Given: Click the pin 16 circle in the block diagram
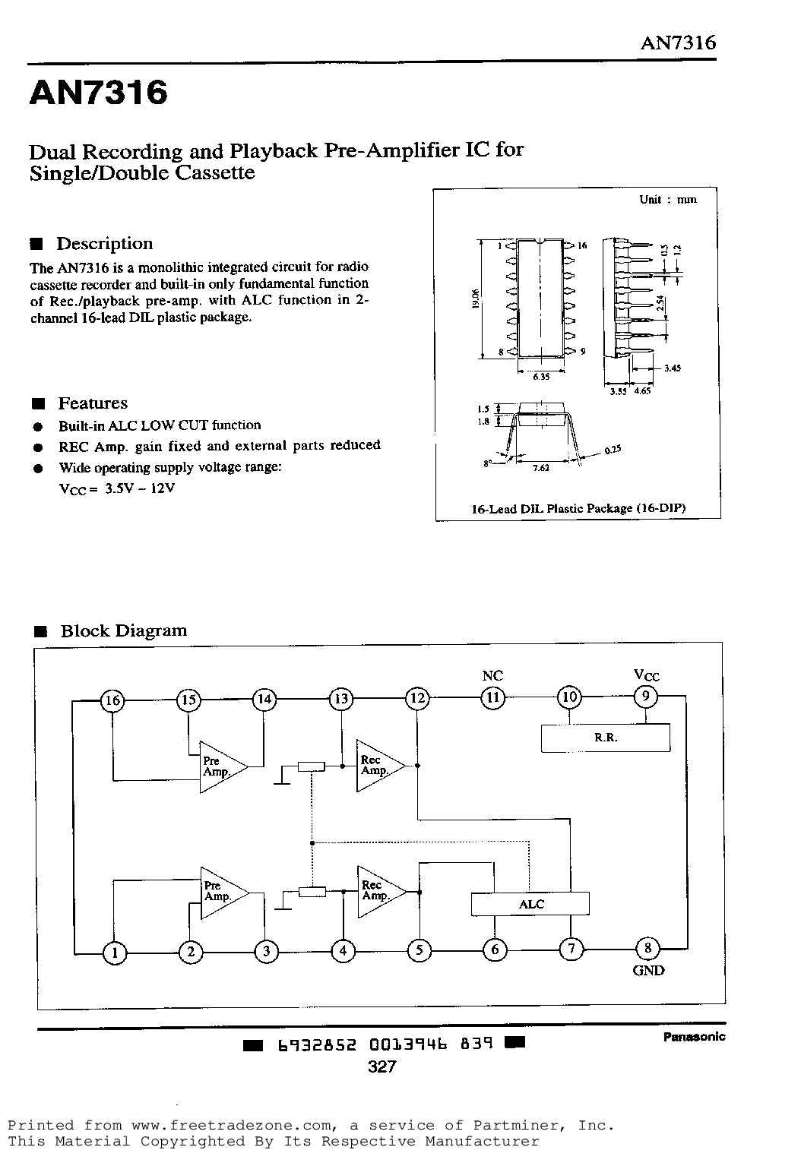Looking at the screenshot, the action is tap(112, 700).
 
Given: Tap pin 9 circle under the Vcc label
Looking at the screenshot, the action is tap(646, 697).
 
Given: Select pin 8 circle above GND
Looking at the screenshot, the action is tap(648, 949).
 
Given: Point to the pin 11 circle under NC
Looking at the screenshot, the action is tap(492, 698).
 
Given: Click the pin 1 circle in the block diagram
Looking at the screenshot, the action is tap(115, 953).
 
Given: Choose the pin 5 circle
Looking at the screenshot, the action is tap(419, 951).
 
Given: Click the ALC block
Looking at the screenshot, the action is tap(530, 904).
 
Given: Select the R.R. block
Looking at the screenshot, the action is tap(605, 738).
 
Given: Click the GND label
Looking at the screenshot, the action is tap(648, 971).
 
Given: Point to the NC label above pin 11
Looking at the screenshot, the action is tap(492, 675).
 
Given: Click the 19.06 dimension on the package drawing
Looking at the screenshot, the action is tap(475, 299).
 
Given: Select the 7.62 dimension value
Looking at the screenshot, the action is tap(540, 468).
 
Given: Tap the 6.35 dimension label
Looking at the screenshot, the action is tap(541, 376).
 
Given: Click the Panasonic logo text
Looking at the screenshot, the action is tap(695, 1037).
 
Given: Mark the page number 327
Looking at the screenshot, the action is tap(382, 1066).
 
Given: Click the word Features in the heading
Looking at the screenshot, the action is tap(93, 403).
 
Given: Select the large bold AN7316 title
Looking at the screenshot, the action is tap(99, 92).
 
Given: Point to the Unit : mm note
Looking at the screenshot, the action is tap(668, 199).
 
